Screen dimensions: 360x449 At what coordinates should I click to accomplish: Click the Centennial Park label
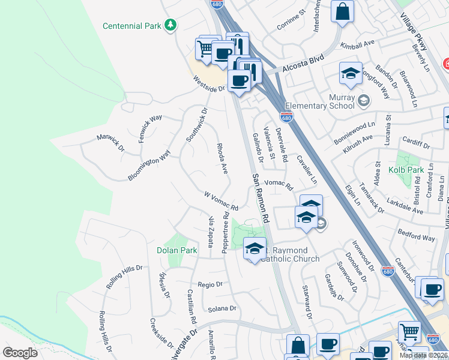pos(132,26)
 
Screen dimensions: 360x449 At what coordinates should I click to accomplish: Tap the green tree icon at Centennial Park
pos(172,25)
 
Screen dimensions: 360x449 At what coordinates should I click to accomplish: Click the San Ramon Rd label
pos(261,199)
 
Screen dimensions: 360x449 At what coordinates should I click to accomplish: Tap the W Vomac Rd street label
pos(221,201)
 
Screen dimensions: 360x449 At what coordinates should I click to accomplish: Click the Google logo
pos(20,353)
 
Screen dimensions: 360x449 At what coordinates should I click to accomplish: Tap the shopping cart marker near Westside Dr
pos(205,48)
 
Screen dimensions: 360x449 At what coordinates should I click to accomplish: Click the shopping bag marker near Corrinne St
pos(342,12)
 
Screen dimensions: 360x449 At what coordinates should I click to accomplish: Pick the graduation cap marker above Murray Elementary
pos(351,74)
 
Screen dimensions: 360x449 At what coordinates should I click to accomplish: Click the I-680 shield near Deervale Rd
pos(287,116)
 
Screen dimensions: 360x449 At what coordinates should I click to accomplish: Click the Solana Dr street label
pos(222,308)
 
